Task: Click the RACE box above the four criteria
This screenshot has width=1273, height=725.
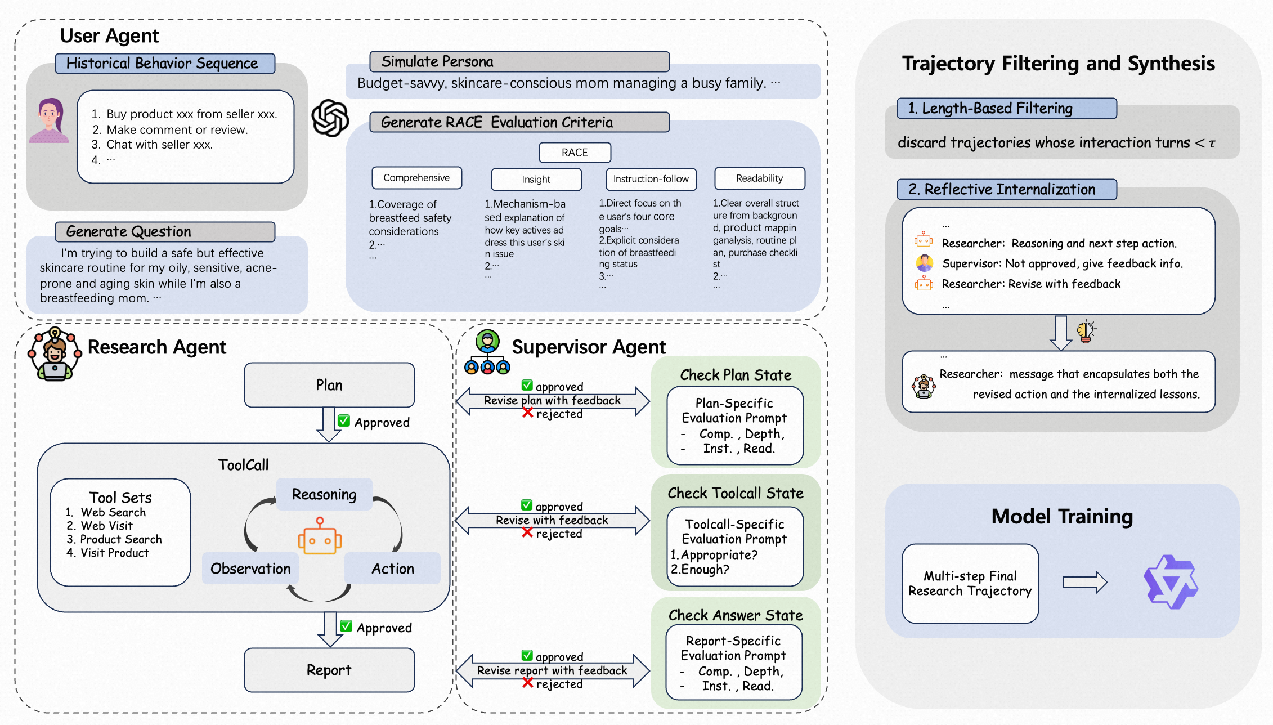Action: [575, 153]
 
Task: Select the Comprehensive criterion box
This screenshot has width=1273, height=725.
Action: [416, 178]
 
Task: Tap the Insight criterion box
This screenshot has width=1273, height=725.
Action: [536, 180]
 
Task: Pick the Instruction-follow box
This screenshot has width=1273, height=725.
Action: [651, 179]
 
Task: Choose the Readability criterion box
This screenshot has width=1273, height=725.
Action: [760, 178]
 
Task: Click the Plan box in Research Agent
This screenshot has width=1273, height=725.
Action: [329, 385]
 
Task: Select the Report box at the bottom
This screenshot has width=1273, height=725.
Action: [329, 670]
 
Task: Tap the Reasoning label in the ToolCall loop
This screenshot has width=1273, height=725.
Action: [324, 494]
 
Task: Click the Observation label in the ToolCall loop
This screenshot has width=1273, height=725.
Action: [250, 569]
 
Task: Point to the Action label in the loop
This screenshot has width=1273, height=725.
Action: [392, 569]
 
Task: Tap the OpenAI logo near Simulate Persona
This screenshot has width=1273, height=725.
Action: [330, 118]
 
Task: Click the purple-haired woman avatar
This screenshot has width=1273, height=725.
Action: [49, 120]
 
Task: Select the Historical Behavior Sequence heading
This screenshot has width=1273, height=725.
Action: [165, 64]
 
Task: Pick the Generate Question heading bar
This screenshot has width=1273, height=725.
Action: [165, 232]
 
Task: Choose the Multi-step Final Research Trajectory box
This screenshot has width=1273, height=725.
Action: [970, 584]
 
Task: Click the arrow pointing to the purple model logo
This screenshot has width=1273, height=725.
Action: [1085, 583]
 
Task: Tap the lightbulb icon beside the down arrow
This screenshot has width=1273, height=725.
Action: [1086, 331]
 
